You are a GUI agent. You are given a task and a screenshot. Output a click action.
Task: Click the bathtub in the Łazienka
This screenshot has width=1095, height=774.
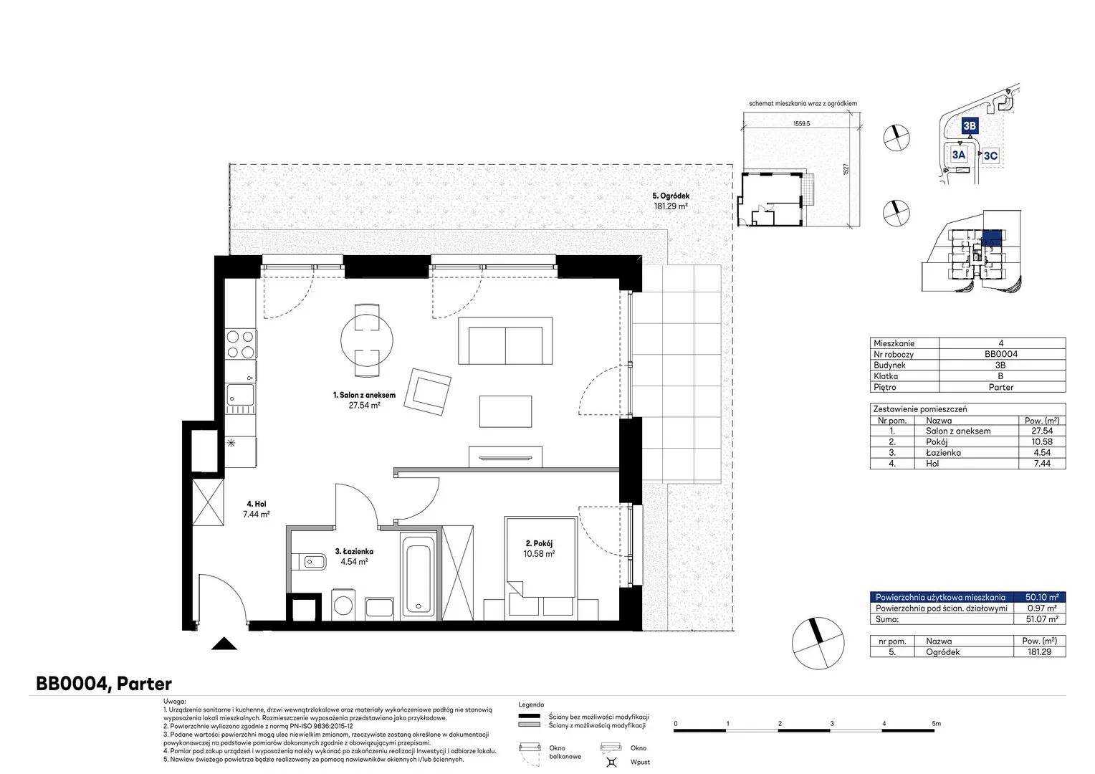click(x=419, y=575)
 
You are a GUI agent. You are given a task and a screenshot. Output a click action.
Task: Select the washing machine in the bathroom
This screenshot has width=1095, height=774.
click(x=343, y=605)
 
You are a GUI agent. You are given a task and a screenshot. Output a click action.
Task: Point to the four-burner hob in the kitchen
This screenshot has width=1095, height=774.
click(x=241, y=344)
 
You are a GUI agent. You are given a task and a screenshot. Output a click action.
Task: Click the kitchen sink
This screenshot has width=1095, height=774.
click(x=240, y=394)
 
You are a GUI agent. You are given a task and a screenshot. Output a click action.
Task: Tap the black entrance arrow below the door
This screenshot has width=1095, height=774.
click(x=224, y=644)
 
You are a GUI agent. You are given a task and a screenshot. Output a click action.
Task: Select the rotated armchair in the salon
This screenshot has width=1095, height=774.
click(x=427, y=392)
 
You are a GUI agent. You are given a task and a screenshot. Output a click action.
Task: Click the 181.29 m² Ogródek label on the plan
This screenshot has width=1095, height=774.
click(x=671, y=201)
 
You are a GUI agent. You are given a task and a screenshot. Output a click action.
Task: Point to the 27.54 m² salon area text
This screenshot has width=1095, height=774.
click(x=364, y=406)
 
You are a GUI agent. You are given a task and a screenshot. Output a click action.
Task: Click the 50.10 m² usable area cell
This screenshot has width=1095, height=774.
click(x=1042, y=597)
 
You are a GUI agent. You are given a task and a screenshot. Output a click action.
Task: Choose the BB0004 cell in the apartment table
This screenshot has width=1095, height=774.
click(x=1000, y=354)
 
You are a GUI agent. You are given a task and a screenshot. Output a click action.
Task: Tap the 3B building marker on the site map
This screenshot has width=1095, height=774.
click(x=970, y=125)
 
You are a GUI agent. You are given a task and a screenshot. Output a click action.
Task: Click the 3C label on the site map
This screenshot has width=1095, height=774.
click(x=990, y=156)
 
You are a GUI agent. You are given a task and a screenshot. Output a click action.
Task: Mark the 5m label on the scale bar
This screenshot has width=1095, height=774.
click(x=936, y=723)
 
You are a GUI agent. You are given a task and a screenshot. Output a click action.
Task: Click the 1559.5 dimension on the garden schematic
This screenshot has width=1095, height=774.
click(x=801, y=124)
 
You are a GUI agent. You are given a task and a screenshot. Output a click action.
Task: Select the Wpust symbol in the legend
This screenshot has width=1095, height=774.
click(x=611, y=762)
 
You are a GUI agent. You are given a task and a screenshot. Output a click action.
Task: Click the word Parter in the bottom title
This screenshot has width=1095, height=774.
click(x=144, y=684)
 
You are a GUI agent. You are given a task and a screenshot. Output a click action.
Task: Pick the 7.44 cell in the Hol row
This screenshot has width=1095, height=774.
click(x=1042, y=464)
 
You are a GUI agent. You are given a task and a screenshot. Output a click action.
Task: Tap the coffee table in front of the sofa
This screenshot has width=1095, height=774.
click(x=505, y=411)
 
